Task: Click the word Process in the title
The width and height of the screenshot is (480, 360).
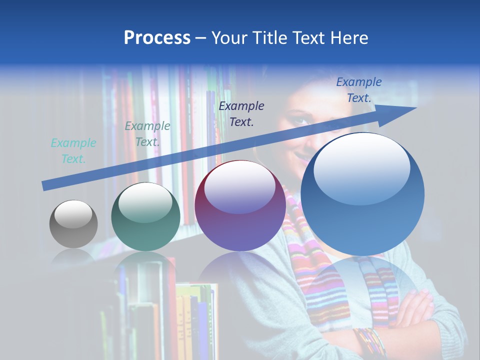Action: click(x=157, y=38)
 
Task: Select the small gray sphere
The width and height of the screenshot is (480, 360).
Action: click(x=73, y=224)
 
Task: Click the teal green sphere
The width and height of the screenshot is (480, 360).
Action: click(x=145, y=217)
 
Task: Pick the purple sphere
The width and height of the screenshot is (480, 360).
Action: click(x=240, y=206)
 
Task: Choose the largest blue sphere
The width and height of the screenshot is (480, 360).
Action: click(x=362, y=195)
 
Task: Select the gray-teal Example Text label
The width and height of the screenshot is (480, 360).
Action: click(x=147, y=133)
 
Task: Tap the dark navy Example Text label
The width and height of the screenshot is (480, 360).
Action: click(x=241, y=113)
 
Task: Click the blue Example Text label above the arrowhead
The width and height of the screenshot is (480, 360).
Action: click(x=358, y=90)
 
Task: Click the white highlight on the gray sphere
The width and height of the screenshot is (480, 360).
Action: click(x=73, y=215)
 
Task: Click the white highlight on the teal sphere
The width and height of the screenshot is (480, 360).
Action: click(x=145, y=202)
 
